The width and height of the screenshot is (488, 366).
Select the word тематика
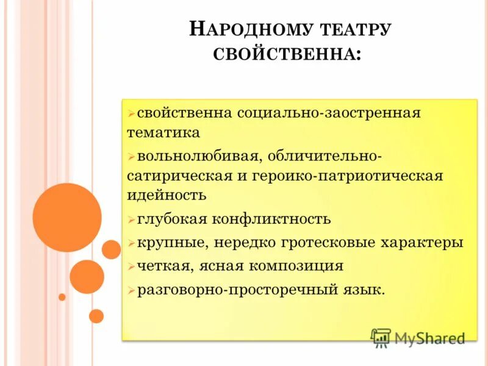(x=163, y=132)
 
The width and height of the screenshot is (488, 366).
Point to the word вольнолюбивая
(x=198, y=156)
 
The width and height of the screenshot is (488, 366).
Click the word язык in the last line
(x=364, y=290)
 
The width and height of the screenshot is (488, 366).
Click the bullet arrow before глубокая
(x=131, y=220)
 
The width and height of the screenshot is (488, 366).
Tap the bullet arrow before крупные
(x=131, y=243)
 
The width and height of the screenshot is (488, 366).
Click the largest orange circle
(x=67, y=217)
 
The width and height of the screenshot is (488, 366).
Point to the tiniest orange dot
(x=62, y=297)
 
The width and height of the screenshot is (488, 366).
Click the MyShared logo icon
(x=381, y=337)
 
